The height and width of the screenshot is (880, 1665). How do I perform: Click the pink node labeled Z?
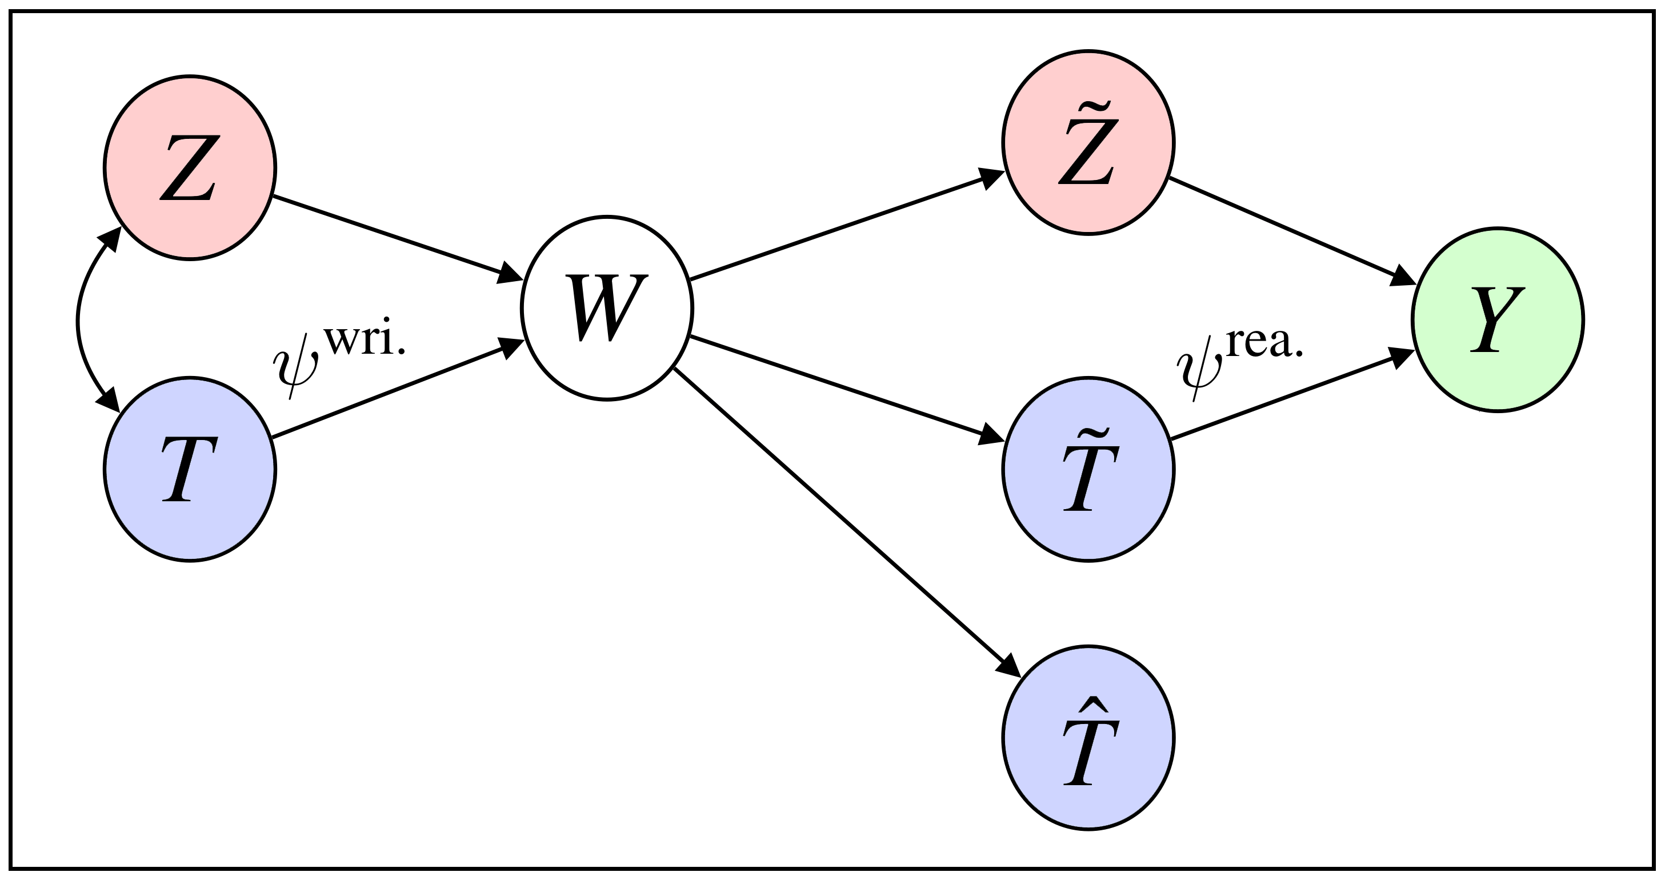point(190,168)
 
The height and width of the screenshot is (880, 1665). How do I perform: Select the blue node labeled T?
point(190,469)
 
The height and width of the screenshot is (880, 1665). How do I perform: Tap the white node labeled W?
point(607,309)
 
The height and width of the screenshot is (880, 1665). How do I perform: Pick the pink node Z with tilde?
point(1088,142)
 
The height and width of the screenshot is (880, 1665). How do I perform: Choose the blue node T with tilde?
point(1088,469)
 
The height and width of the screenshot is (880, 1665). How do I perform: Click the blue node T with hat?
point(1088,737)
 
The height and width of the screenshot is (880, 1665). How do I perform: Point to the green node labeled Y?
point(1498,319)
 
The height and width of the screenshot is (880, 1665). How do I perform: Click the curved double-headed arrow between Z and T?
point(78,319)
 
